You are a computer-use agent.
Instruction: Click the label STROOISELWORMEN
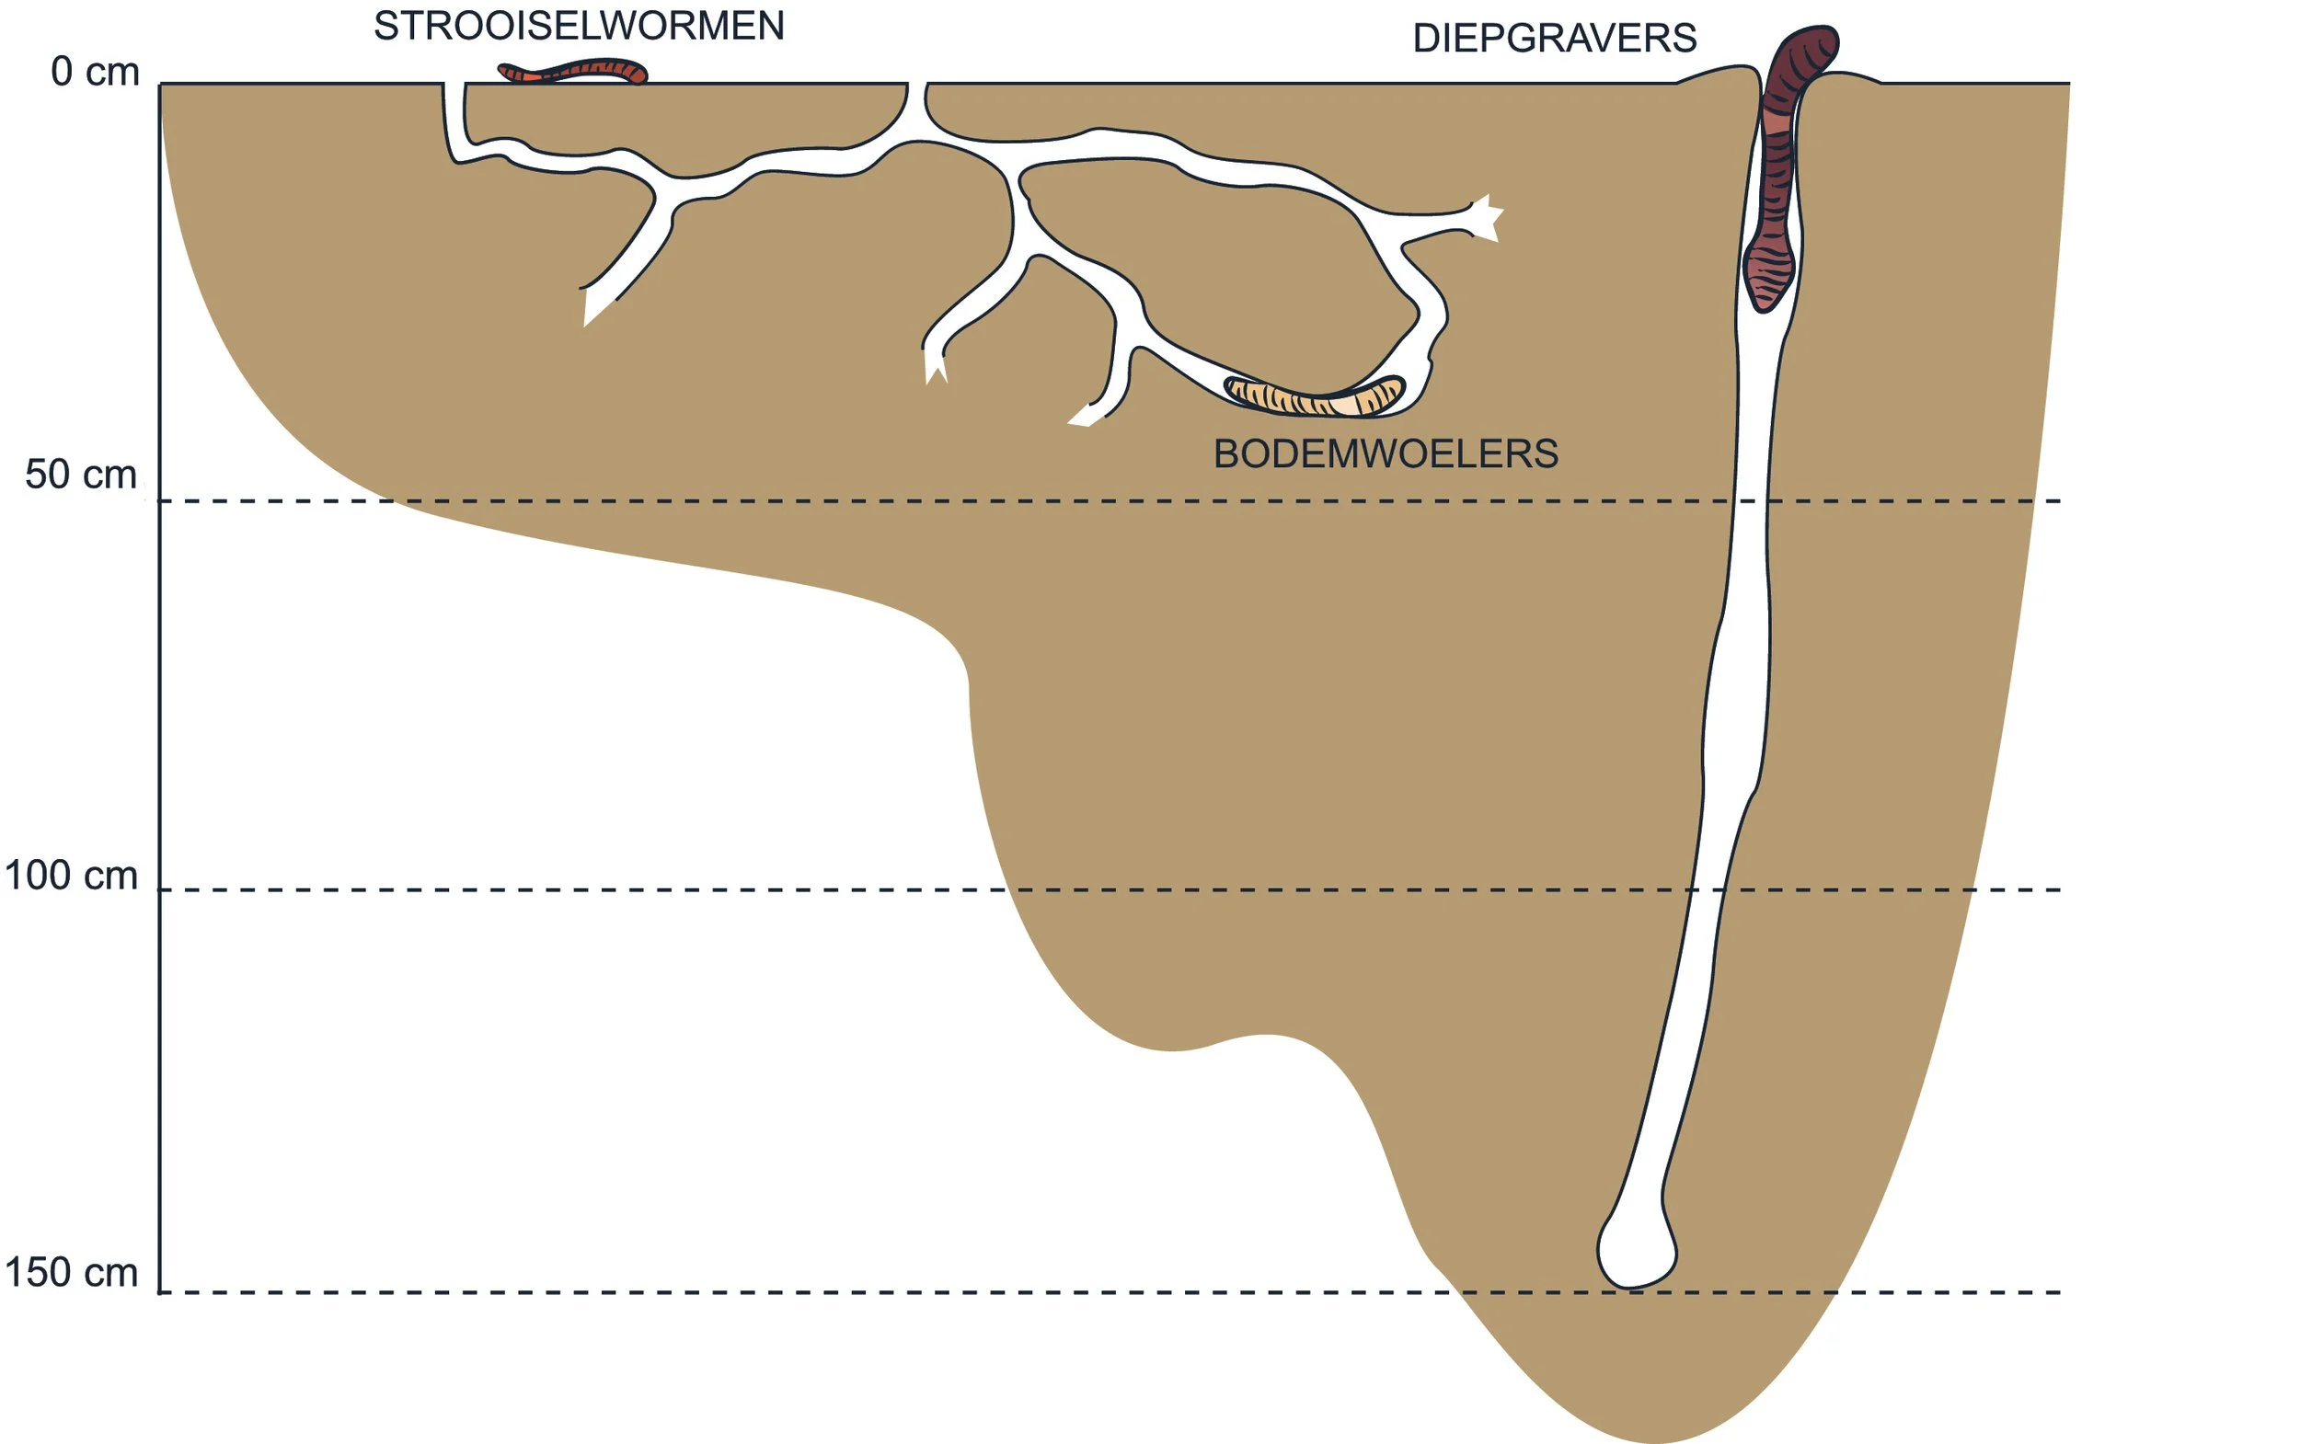(x=578, y=26)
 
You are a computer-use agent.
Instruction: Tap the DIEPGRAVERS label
(x=1554, y=40)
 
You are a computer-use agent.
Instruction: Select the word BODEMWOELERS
(x=1385, y=453)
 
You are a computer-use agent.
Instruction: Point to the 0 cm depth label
(x=95, y=73)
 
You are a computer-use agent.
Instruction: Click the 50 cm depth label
(x=81, y=475)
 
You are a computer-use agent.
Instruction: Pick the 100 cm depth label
(x=72, y=876)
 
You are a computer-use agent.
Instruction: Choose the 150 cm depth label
(x=72, y=1273)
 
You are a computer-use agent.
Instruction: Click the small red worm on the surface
(x=573, y=72)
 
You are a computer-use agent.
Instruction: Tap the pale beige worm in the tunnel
(x=1314, y=396)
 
